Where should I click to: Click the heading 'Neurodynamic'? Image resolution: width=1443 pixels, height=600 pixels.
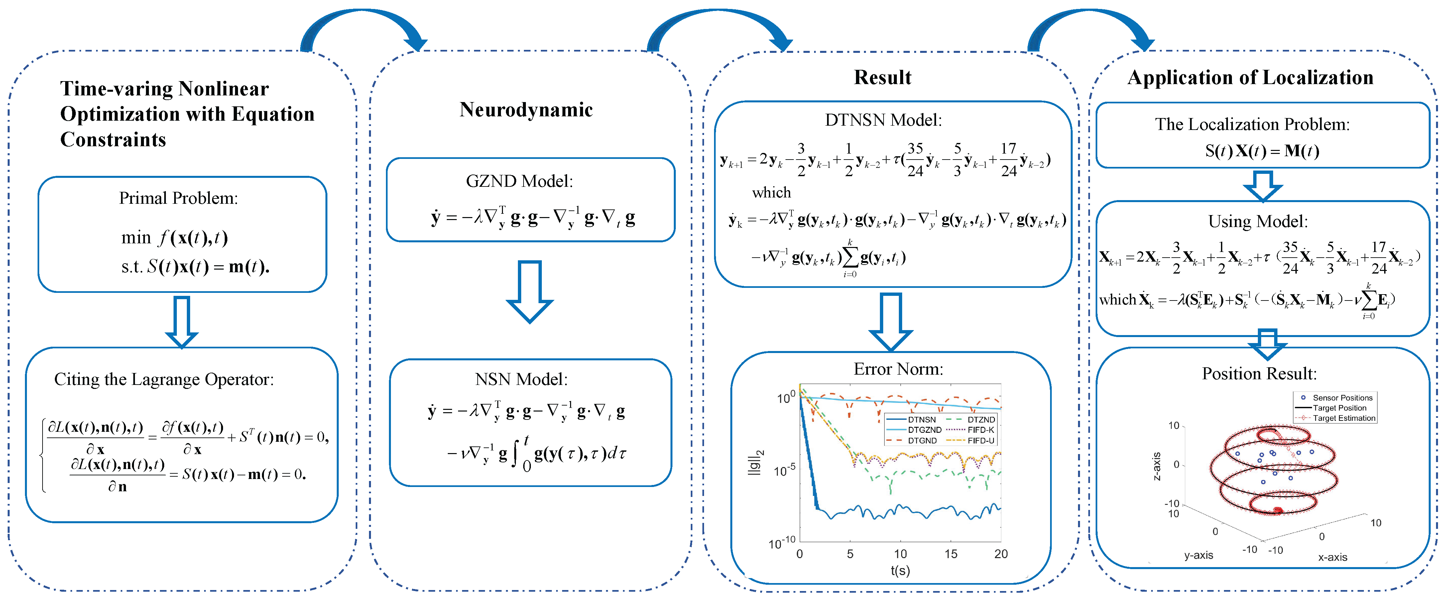point(526,110)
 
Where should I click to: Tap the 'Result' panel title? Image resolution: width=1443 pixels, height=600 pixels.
point(882,77)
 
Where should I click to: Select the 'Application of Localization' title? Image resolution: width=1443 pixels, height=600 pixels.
point(1250,77)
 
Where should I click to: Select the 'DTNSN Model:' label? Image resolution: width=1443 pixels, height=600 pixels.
point(884,120)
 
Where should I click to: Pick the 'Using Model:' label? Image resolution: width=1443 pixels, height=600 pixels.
point(1258,221)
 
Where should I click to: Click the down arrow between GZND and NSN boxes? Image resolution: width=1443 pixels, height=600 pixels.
point(529,291)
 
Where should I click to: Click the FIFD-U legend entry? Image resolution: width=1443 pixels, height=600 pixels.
point(980,441)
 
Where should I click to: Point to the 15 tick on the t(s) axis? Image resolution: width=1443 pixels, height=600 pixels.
point(951,554)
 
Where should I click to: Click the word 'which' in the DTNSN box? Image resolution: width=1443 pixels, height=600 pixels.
point(771,193)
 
